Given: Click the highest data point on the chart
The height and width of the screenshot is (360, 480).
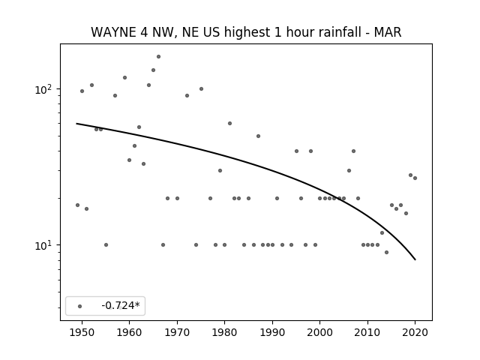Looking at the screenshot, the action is (158, 57).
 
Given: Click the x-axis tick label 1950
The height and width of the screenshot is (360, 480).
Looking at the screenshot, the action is (82, 332).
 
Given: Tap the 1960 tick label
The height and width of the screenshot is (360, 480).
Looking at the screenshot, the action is (129, 332).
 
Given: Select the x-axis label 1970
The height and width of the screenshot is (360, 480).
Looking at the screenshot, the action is (177, 332).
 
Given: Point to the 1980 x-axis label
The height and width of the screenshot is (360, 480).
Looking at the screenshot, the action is (224, 332).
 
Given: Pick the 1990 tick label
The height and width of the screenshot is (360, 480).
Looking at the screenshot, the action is (272, 332).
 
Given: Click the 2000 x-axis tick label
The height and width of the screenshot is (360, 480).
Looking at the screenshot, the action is (320, 332).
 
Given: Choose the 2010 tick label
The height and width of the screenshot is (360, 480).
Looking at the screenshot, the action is (367, 332).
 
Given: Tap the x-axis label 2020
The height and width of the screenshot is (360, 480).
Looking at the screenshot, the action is (415, 332).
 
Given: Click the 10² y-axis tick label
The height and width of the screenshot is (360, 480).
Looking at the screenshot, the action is (45, 89).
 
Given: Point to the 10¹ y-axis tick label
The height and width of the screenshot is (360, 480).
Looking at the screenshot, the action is (45, 245).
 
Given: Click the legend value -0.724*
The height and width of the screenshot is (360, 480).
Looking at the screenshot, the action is (121, 305).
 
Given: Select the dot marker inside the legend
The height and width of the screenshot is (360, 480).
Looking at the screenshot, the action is (80, 306).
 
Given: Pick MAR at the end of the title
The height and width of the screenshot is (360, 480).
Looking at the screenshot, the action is (388, 32).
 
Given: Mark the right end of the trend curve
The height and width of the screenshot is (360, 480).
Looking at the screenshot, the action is (415, 259).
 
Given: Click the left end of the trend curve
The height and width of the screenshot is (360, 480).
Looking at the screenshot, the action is (76, 123).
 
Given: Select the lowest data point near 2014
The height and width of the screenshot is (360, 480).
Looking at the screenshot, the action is (387, 252).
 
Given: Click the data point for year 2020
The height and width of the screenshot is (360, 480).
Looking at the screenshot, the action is (415, 178).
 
